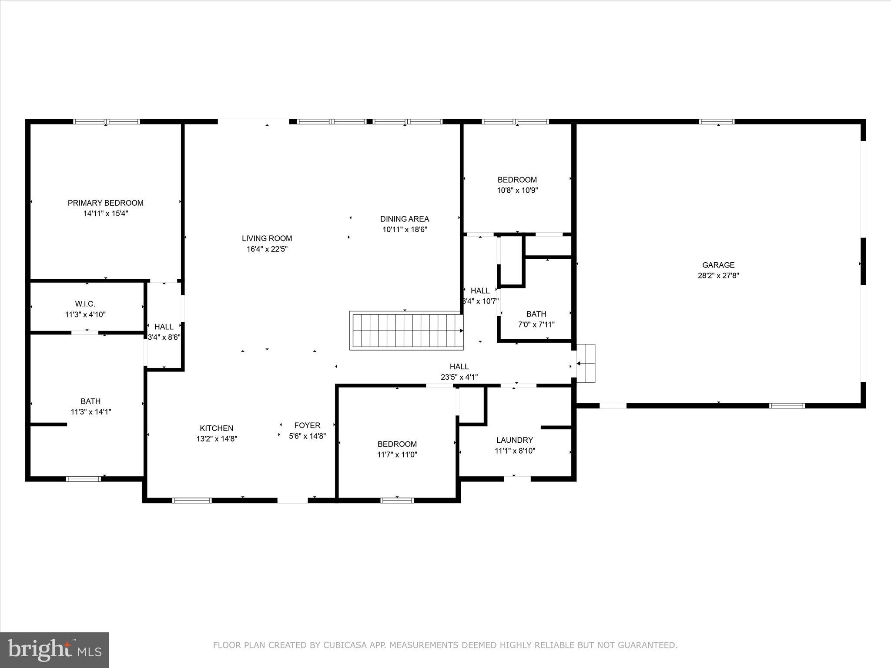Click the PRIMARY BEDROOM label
tap(105, 203)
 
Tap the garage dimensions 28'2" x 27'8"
tap(718, 275)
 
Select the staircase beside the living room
tap(406, 331)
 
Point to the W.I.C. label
tap(85, 304)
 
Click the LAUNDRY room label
tap(515, 440)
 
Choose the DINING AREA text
tap(405, 219)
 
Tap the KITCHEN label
tap(216, 428)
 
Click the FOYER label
tap(307, 425)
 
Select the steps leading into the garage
tap(586, 363)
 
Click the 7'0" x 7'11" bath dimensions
tap(536, 324)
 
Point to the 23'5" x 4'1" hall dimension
tap(459, 377)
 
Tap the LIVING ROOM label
tap(267, 238)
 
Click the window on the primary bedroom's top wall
tap(106, 121)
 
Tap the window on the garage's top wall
tap(717, 121)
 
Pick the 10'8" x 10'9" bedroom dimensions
tap(517, 190)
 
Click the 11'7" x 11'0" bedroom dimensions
tap(397, 454)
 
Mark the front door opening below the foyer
tap(292, 501)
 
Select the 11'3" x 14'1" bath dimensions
tap(90, 412)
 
